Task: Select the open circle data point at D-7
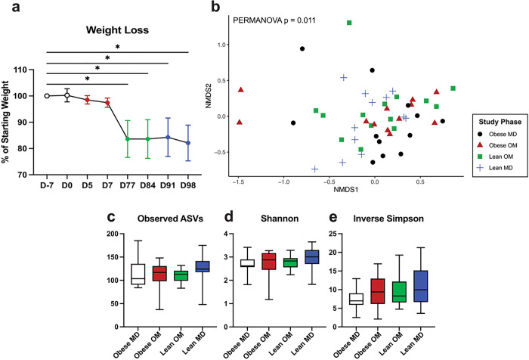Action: click(47, 96)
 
